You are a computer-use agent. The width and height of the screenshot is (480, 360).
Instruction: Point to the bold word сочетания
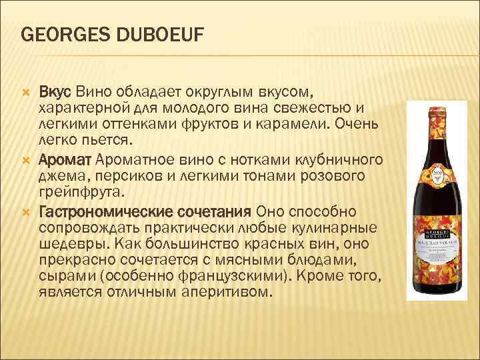click(x=210, y=211)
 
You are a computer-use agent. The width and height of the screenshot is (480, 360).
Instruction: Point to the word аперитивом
click(x=225, y=293)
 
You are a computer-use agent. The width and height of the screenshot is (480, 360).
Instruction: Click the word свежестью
click(x=315, y=108)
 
